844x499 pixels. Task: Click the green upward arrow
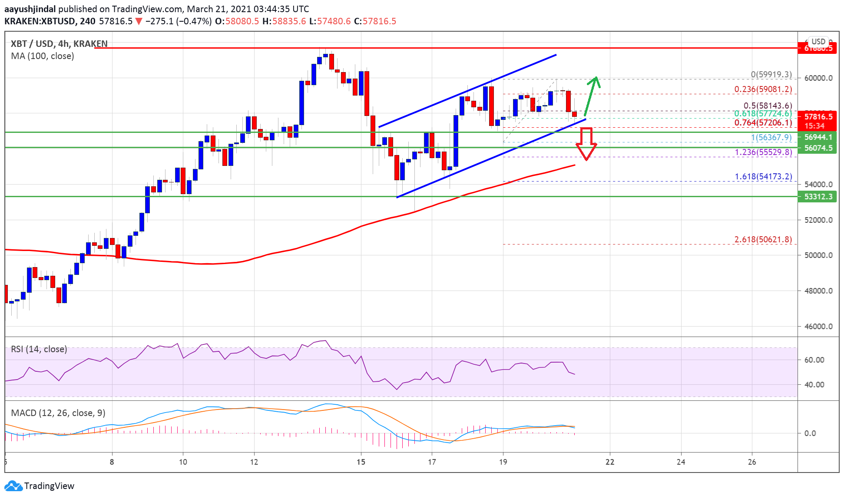point(592,96)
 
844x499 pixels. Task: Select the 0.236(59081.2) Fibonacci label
point(763,89)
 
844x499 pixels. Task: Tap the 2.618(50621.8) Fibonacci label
point(763,240)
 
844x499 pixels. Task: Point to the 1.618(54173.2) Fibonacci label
point(763,177)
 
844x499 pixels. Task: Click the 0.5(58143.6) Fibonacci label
point(768,106)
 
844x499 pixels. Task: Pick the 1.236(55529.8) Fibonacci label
point(763,152)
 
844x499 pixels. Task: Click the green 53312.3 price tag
point(818,197)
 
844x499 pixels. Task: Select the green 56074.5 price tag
point(818,148)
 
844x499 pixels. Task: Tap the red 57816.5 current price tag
point(818,117)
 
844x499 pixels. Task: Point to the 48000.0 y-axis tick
point(818,291)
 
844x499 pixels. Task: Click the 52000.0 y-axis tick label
point(818,220)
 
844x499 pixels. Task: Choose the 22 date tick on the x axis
point(610,462)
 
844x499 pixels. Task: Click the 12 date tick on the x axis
point(254,462)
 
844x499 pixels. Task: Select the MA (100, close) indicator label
point(43,56)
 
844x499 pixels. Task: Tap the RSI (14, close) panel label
point(39,349)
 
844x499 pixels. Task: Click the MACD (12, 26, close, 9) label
point(58,413)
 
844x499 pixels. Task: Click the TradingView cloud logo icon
point(13,486)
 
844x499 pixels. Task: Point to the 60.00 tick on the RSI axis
point(814,360)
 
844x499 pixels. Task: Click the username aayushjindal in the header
point(30,9)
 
